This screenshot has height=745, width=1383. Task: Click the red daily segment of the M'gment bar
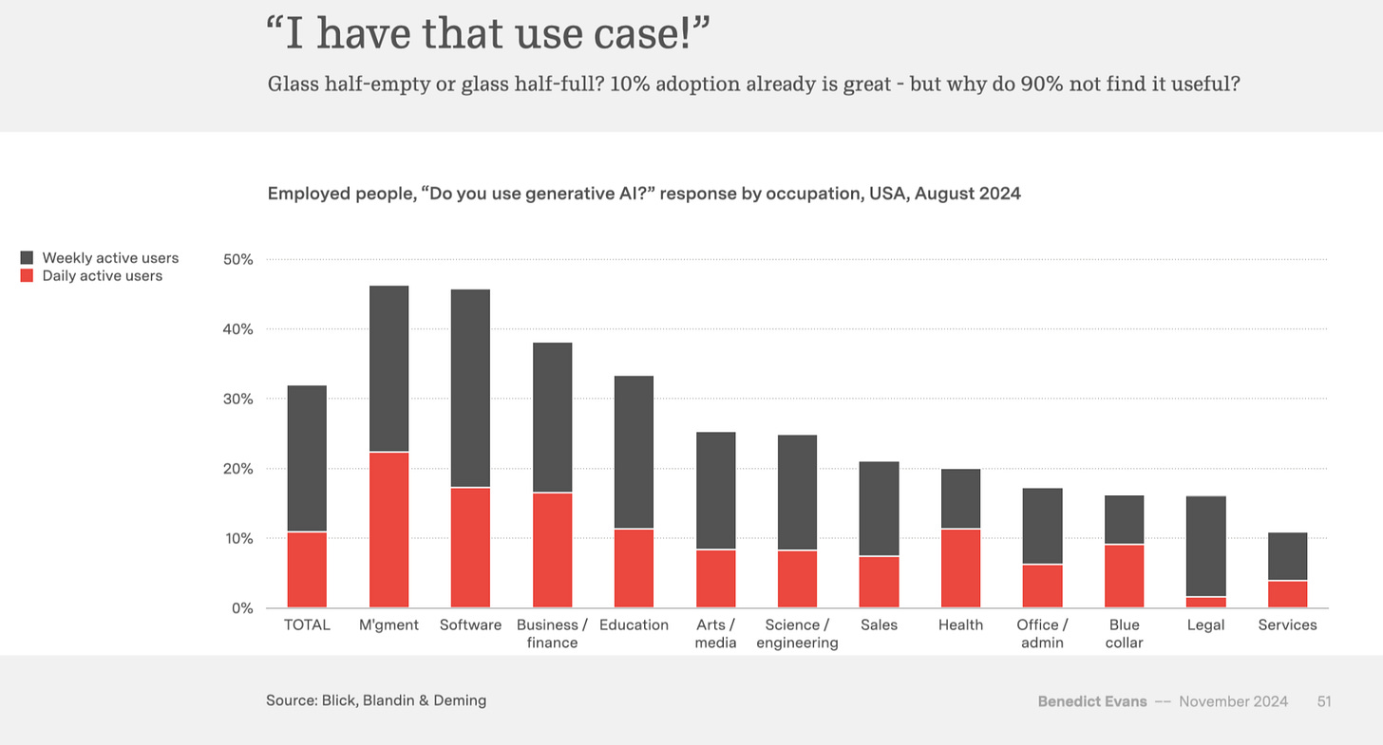point(388,530)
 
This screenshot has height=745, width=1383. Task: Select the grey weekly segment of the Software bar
point(470,388)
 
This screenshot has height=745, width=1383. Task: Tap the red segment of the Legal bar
point(1205,602)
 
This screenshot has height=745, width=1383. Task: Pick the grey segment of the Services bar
point(1287,556)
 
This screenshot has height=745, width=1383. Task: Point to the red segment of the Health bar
point(960,568)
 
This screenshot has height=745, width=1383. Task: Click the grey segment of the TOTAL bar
point(307,457)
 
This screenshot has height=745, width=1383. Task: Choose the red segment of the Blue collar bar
point(1124,575)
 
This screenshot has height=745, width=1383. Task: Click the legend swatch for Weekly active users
point(27,258)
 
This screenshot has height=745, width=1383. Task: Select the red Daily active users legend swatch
point(27,276)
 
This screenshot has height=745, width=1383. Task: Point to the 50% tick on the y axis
point(237,259)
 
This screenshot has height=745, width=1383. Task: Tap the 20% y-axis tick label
point(237,469)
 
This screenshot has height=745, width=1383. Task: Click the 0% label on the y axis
point(241,608)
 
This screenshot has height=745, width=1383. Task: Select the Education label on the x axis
point(634,624)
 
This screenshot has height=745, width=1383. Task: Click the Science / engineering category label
point(797,633)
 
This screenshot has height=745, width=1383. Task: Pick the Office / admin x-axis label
point(1042,633)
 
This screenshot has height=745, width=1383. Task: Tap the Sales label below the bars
point(879,624)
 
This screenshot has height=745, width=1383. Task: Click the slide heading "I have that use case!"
point(489,35)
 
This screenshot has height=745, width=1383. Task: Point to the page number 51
point(1323,701)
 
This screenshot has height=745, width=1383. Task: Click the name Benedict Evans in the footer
point(1091,701)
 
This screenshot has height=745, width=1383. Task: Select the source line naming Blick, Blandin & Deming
point(376,700)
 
